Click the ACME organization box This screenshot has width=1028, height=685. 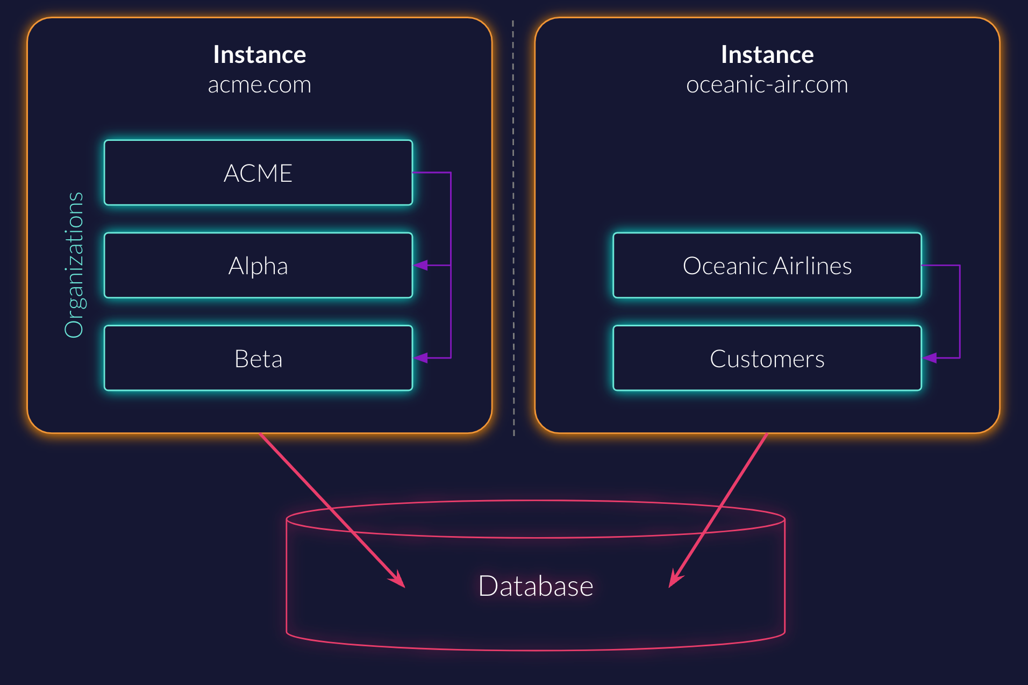258,173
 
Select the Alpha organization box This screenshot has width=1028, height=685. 258,266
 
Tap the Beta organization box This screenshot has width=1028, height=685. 258,359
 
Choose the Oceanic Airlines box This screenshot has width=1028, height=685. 767,266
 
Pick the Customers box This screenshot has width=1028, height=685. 767,359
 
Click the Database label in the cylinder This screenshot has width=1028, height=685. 536,586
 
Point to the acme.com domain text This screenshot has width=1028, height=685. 260,85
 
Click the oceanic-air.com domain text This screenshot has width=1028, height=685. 767,85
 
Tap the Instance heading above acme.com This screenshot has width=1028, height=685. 260,55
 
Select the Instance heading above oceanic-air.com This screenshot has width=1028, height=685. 767,55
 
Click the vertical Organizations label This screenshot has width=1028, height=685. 74,265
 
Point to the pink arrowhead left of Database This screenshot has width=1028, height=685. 398,580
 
